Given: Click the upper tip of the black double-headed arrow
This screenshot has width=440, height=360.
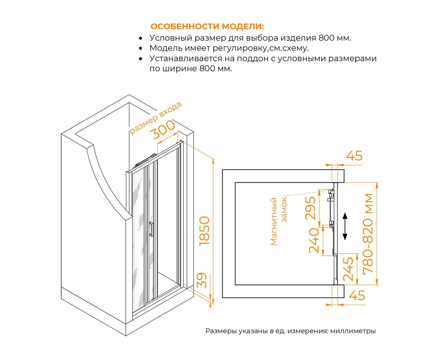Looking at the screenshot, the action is click(345, 213).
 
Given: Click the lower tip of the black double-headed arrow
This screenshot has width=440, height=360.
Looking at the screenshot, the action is click(345, 240).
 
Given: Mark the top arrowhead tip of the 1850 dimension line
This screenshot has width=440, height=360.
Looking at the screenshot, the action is click(213, 159).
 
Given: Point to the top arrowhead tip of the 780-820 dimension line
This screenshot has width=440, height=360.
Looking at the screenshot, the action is click(377, 183).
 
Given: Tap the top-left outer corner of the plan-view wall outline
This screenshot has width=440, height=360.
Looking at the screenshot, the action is click(222, 170).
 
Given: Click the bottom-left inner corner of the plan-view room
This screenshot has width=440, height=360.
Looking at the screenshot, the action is click(235, 285).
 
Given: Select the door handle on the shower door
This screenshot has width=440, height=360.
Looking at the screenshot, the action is click(151, 229).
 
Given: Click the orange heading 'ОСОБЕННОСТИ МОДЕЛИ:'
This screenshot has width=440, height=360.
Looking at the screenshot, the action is click(207, 27).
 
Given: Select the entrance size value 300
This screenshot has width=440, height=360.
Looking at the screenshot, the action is click(164, 130).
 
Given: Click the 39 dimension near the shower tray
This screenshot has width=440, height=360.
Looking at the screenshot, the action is click(202, 280).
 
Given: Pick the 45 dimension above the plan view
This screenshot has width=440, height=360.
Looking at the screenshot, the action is click(354, 156).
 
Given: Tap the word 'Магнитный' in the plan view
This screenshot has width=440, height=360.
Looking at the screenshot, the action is click(274, 221).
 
